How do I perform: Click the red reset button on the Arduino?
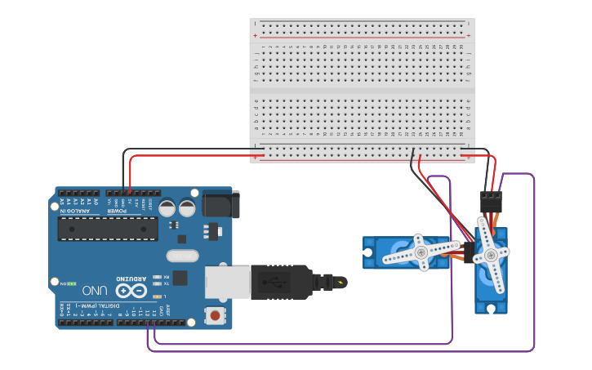click(215, 314)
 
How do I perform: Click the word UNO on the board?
click(95, 290)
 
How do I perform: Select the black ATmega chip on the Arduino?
click(108, 229)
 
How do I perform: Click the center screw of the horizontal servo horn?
click(421, 252)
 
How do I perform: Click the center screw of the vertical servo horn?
click(492, 255)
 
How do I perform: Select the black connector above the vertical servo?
click(491, 202)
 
